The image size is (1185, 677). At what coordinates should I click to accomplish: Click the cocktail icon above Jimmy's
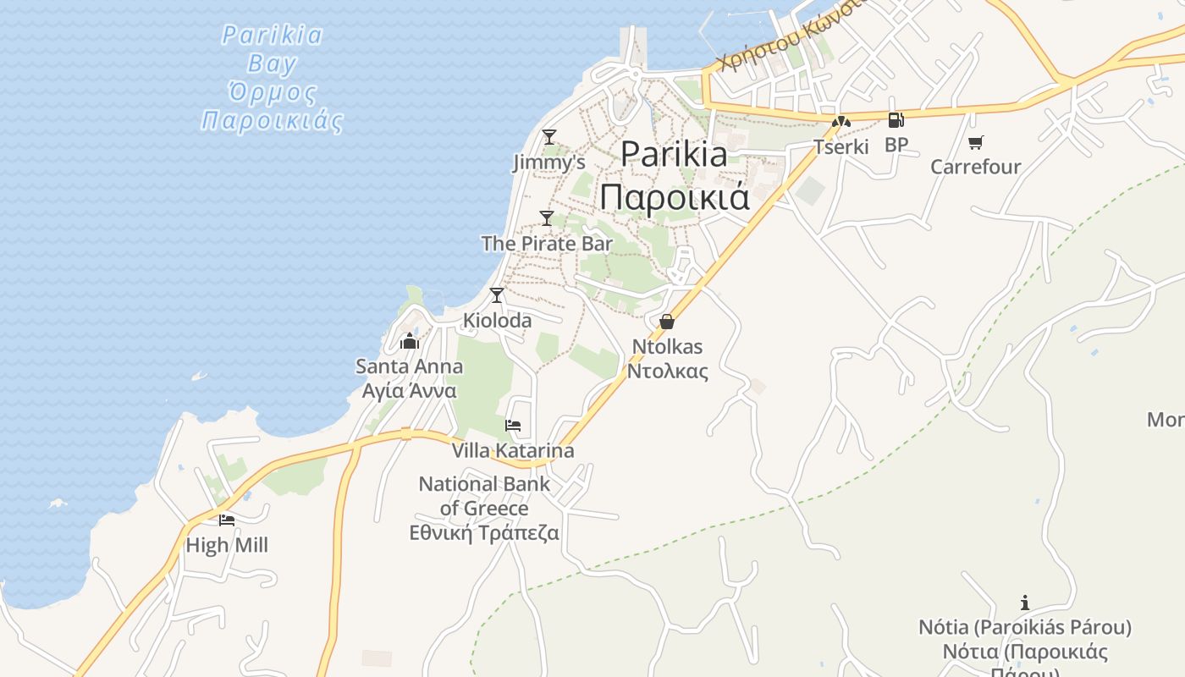549,136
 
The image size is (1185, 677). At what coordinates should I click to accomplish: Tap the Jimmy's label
548,162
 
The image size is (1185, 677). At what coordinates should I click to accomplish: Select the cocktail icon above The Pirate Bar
547,218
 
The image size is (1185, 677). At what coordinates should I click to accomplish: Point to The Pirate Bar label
547,244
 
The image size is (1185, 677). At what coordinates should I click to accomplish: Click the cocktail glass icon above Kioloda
497,295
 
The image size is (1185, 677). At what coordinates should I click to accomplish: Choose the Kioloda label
497,321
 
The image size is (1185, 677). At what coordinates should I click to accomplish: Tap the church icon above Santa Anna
410,341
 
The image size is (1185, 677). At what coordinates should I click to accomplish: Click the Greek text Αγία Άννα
410,391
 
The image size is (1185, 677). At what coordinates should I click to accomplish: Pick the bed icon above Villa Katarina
513,425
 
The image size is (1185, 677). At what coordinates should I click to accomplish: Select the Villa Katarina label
513,450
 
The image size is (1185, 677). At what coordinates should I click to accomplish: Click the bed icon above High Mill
227,520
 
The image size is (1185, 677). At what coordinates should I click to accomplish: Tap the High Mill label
227,545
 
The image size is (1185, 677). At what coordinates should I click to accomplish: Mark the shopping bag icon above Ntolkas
667,322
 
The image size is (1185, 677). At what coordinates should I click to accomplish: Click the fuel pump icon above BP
896,120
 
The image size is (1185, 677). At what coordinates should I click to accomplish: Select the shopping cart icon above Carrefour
976,142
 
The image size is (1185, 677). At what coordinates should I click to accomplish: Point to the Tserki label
841,146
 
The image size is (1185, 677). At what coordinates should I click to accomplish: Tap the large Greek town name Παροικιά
675,196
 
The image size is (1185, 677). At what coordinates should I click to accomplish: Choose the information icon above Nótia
1025,603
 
